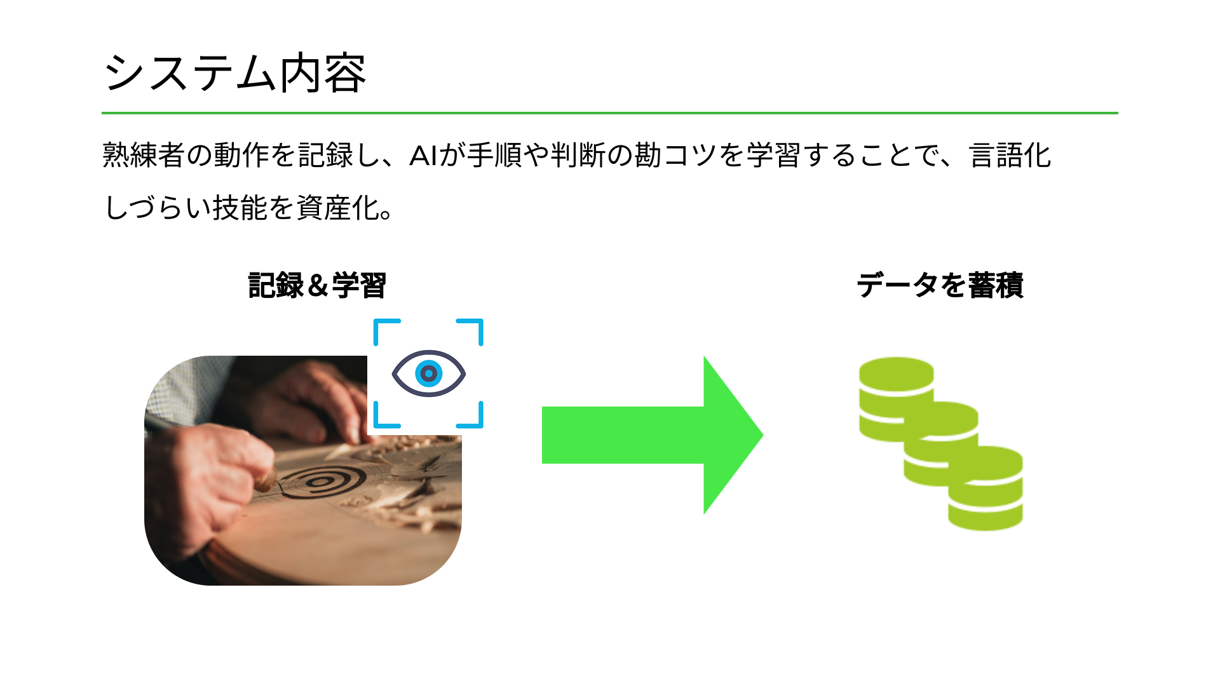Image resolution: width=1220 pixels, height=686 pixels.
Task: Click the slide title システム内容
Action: tap(234, 73)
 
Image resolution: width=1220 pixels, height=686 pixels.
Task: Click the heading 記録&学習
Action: tap(317, 285)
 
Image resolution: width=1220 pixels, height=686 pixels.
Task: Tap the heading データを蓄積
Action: tap(940, 285)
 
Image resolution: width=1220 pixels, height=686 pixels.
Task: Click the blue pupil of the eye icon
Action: tap(429, 373)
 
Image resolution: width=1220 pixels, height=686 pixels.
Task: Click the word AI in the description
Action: tap(423, 156)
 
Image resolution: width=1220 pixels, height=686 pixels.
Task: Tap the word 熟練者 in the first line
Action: tap(144, 156)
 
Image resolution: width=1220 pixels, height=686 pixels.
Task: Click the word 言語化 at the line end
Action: tap(1010, 156)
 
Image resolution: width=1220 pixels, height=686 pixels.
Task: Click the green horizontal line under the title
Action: tap(610, 113)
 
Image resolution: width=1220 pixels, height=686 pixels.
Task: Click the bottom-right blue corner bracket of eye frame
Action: tap(473, 418)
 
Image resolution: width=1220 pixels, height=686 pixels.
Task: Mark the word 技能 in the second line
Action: tap(241, 208)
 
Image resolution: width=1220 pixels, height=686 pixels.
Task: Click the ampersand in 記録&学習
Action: tap(317, 286)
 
